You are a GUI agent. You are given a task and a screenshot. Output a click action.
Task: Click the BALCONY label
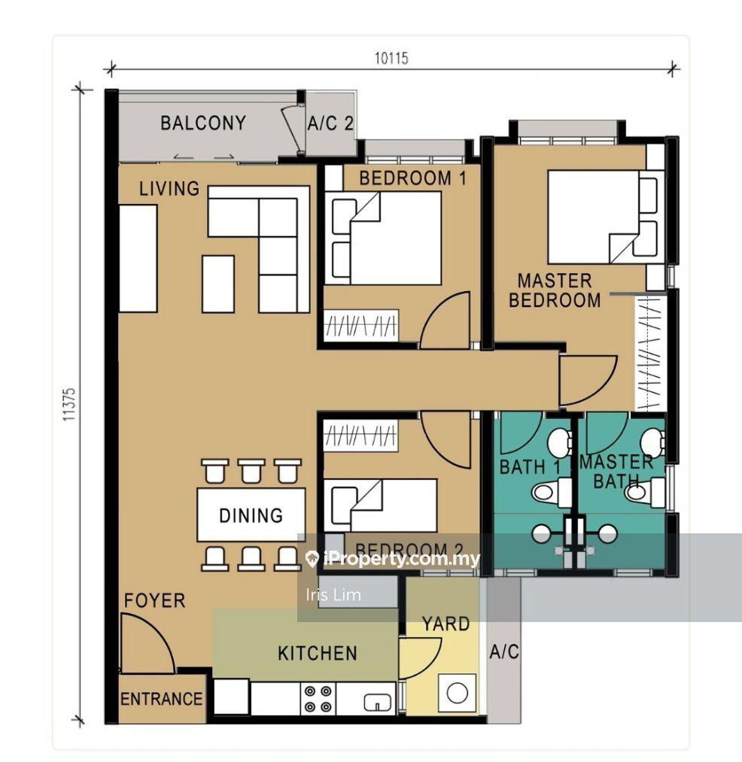pyautogui.click(x=203, y=123)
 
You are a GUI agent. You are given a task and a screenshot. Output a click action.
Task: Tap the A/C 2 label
pyautogui.click(x=330, y=123)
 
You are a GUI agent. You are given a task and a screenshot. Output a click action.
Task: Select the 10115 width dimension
pyautogui.click(x=391, y=59)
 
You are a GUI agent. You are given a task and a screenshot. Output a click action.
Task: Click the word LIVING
pyautogui.click(x=169, y=189)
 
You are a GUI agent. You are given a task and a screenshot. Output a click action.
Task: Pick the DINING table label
pyautogui.click(x=251, y=515)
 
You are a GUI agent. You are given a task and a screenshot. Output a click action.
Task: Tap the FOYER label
pyautogui.click(x=154, y=601)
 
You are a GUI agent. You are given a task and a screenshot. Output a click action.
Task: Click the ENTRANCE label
pyautogui.click(x=162, y=700)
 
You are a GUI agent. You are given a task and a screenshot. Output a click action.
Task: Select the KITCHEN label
pyautogui.click(x=318, y=654)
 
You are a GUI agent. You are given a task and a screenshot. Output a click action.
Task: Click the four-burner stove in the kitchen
pyautogui.click(x=318, y=699)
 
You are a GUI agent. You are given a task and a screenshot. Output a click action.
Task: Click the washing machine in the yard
pyautogui.click(x=457, y=693)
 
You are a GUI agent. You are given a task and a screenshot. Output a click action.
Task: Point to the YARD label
pyautogui.click(x=446, y=624)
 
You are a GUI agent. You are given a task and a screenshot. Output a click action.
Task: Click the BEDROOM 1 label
pyautogui.click(x=413, y=178)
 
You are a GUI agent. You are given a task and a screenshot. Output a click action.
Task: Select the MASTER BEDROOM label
pyautogui.click(x=555, y=290)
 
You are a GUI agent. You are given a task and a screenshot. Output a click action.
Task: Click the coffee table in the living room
pyautogui.click(x=218, y=284)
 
